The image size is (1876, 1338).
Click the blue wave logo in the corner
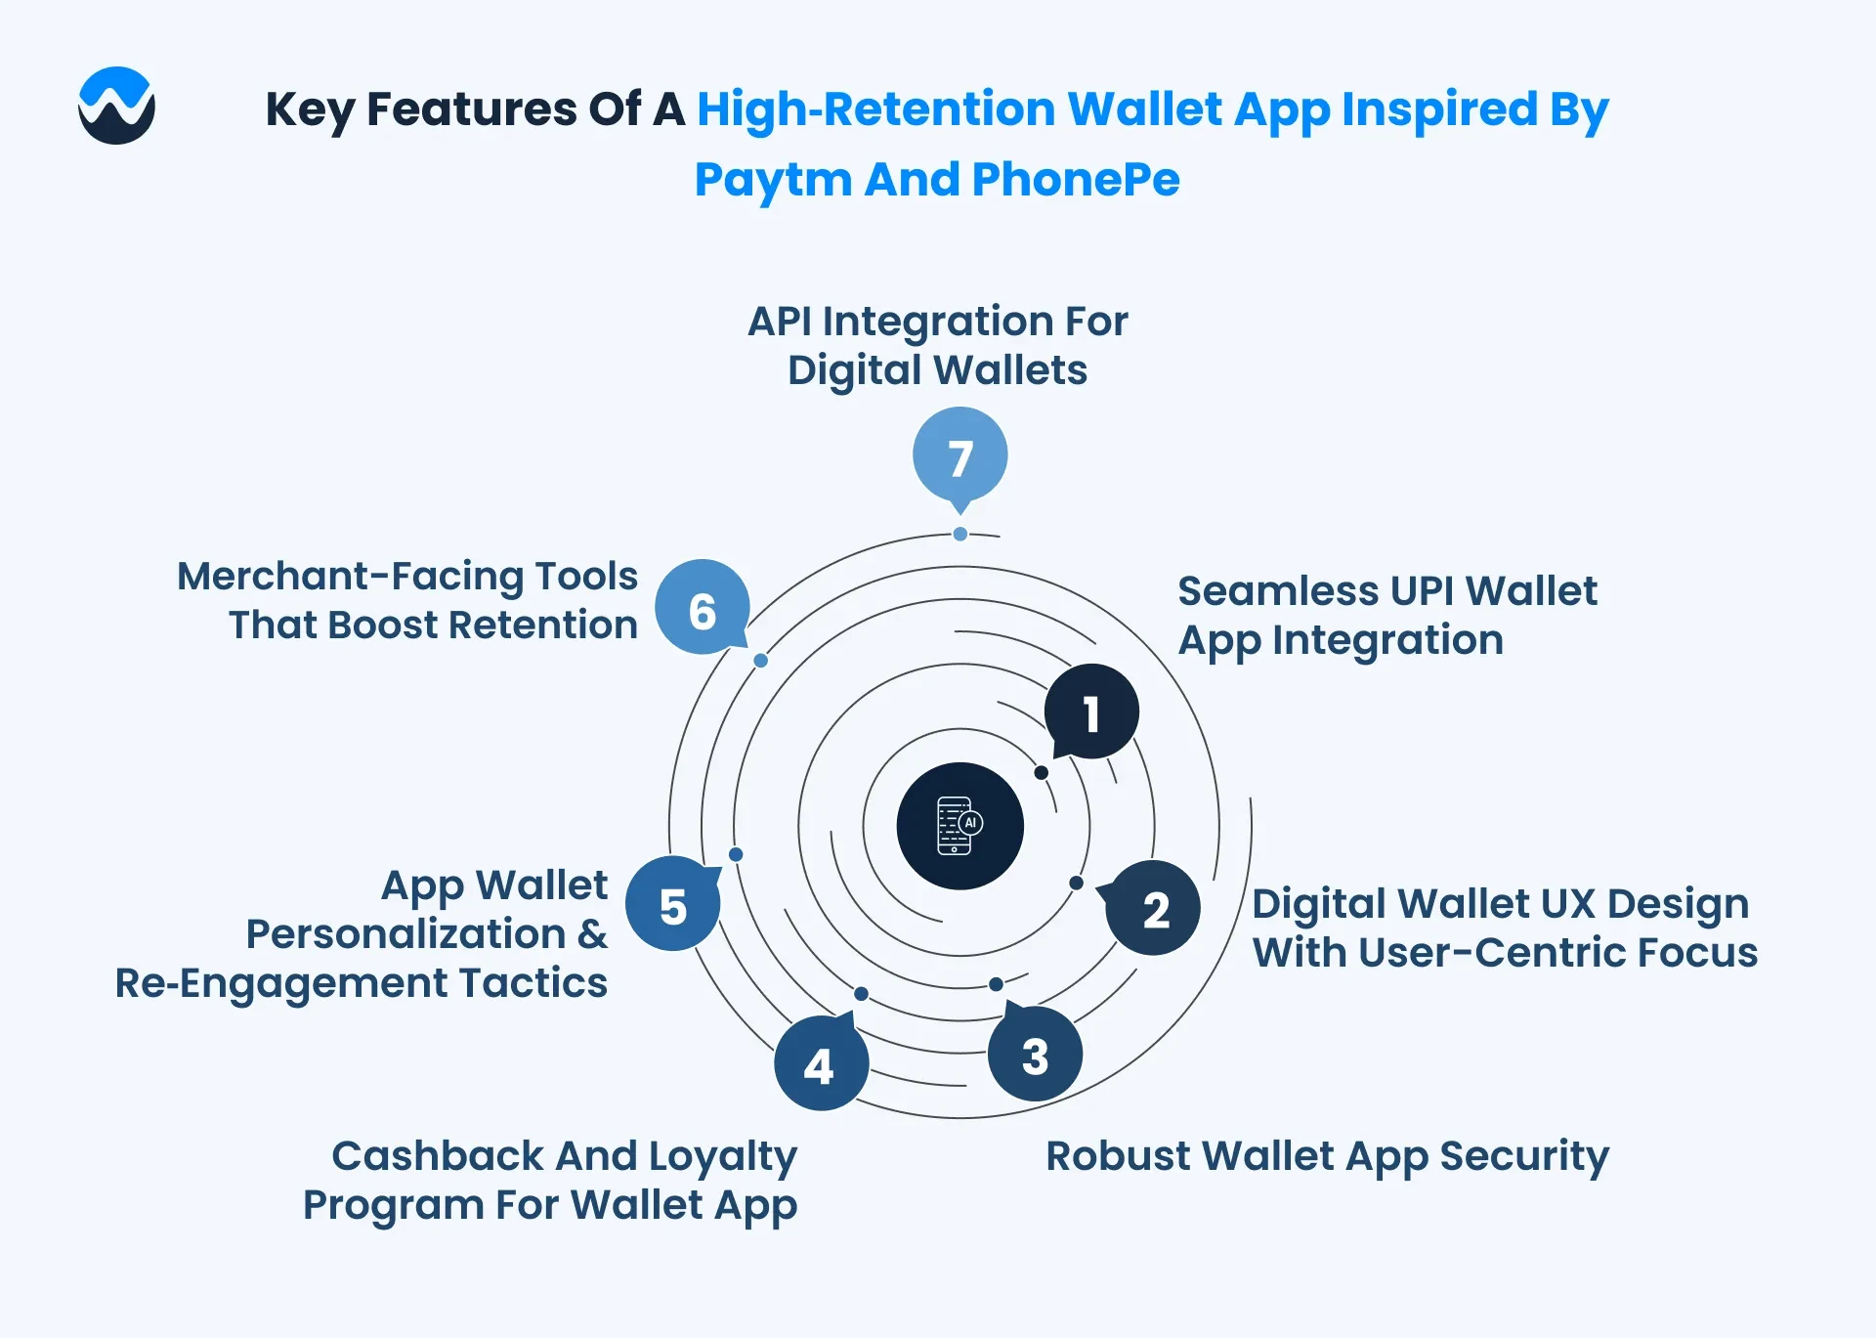tap(116, 106)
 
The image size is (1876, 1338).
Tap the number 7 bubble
tap(960, 457)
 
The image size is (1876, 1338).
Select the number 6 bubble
tap(703, 608)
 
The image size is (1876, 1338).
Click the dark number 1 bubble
tap(1090, 712)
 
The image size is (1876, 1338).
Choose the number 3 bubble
tap(1035, 1053)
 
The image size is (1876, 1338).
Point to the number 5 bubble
tap(673, 904)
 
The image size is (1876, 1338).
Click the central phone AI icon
tap(960, 826)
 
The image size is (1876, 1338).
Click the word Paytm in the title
tap(773, 180)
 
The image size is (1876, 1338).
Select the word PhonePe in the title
tap(1076, 180)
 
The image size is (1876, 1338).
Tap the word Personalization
tap(405, 934)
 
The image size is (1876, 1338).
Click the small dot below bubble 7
tap(960, 534)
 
